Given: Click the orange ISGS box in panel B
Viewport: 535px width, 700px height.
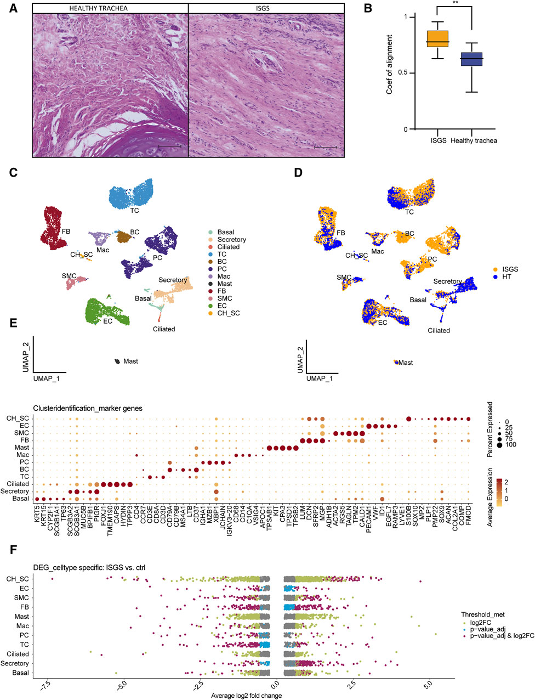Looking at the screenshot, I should pyautogui.click(x=437, y=39).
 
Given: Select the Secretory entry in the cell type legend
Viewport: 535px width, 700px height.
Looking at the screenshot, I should pyautogui.click(x=231, y=240).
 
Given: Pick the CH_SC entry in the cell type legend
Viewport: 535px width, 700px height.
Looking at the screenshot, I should pyautogui.click(x=229, y=313).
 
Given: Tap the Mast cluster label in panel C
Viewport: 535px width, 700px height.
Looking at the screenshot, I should pyautogui.click(x=130, y=362).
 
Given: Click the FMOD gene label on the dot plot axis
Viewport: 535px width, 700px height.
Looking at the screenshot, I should pyautogui.click(x=469, y=516).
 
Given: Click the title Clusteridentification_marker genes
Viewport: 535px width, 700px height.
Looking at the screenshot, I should pyautogui.click(x=87, y=408).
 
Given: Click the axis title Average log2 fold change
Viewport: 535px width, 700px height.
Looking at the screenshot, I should pyautogui.click(x=246, y=696).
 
